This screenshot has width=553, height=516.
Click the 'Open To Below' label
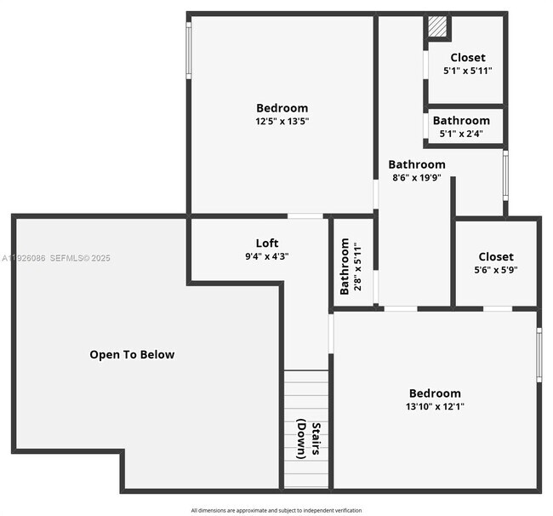132,354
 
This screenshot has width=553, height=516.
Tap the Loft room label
267,243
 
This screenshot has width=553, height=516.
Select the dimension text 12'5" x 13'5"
282,122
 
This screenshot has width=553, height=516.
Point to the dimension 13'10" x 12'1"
435,407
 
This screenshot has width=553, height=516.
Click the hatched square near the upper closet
436,26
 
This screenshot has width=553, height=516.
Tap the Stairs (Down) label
309,440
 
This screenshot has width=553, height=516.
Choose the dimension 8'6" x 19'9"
417,178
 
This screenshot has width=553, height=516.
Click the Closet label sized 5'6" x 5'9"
496,256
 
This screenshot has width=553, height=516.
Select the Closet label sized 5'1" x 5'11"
467,58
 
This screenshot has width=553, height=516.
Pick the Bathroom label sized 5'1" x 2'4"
461,121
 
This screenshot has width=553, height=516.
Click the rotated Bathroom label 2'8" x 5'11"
345,267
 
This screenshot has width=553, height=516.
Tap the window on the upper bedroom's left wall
189,50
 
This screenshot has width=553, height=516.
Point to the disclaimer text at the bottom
276,510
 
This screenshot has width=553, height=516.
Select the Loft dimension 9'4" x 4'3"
267,256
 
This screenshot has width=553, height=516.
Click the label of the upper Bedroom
282,108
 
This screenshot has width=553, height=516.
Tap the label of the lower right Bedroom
435,393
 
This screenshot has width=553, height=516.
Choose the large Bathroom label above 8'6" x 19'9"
417,164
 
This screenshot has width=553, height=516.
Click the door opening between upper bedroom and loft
305,216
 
